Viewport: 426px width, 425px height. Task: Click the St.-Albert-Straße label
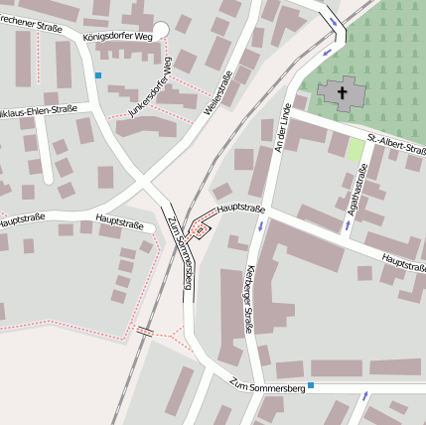pyautogui.click(x=396, y=144)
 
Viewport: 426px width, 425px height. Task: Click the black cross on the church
pyautogui.click(x=344, y=94)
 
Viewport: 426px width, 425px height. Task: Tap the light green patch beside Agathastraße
pyautogui.click(x=355, y=150)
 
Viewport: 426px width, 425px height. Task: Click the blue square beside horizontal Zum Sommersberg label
pyautogui.click(x=311, y=385)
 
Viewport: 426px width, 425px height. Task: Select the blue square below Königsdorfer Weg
pyautogui.click(x=97, y=74)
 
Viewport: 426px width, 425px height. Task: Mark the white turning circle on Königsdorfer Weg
pyautogui.click(x=161, y=31)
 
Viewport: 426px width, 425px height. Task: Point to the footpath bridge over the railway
pyautogui.click(x=146, y=332)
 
